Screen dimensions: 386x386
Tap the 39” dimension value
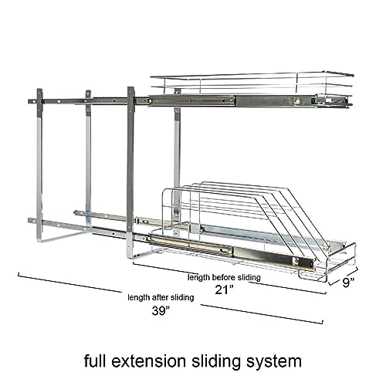coord(161,310)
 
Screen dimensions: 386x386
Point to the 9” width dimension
coord(348,283)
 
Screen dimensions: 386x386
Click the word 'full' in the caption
coord(95,361)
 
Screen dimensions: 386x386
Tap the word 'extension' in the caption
coord(148,361)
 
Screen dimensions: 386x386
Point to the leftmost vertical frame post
coord(39,164)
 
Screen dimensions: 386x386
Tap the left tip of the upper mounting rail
coord(29,101)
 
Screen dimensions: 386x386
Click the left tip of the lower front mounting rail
coord(29,221)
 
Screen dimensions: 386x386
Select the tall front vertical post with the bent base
coord(130,172)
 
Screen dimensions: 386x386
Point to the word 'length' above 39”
coord(139,298)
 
